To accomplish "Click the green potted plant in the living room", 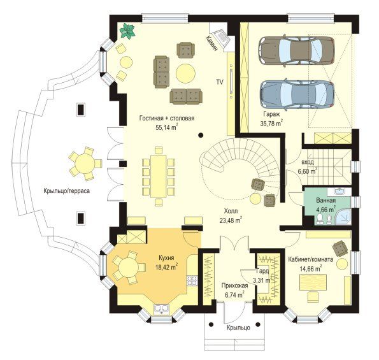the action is coord(127,31).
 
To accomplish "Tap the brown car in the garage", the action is coord(297,50).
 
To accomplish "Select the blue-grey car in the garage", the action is coord(297,95).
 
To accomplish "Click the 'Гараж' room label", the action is coord(272,114).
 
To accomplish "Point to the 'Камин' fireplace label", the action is coord(212,43).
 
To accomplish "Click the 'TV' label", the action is coord(220,82).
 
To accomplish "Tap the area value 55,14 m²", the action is coord(167,127).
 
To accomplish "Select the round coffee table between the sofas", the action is coord(185,73).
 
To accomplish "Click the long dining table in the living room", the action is coord(159,176).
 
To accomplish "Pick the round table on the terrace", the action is coord(85,164).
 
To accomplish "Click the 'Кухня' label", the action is coord(166,257).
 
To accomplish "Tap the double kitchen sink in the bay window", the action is coord(161,309).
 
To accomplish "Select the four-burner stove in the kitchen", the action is coord(192,280).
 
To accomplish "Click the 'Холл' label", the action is coord(231,212).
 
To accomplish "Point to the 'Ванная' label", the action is coord(326,201).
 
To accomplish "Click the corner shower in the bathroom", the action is coord(343,217).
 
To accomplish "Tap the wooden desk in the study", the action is coord(313,282).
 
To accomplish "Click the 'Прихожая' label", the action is coord(234,286).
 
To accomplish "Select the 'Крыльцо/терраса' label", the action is coord(67,191).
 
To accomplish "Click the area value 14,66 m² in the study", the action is coord(311,268).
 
